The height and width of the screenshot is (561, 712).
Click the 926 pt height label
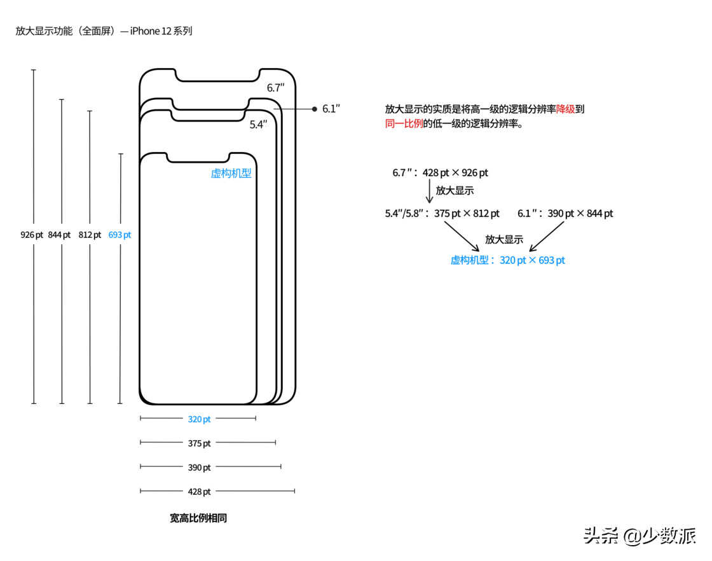click(32, 235)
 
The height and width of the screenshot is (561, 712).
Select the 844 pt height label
click(59, 235)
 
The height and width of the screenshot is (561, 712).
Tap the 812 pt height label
click(90, 235)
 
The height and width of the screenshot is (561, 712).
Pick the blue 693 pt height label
click(120, 235)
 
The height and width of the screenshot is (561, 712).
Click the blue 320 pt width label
click(199, 419)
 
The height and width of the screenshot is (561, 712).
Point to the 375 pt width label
click(199, 443)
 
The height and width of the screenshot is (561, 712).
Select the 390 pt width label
click(199, 468)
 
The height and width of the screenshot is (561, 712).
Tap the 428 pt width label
click(199, 491)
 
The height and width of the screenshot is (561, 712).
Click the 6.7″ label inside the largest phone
click(275, 88)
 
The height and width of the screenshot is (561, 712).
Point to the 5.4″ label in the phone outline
click(258, 125)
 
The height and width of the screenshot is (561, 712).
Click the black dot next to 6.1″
click(314, 109)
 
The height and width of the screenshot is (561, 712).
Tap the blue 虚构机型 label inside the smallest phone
click(231, 173)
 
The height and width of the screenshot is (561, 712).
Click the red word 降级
click(565, 109)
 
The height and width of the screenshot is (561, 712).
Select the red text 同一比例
click(404, 123)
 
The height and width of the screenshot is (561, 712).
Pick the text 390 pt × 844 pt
click(580, 214)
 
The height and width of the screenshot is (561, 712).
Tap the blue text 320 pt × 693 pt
click(532, 260)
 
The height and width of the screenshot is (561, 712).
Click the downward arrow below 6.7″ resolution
click(430, 191)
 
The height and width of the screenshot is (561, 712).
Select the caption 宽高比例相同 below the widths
click(198, 518)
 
